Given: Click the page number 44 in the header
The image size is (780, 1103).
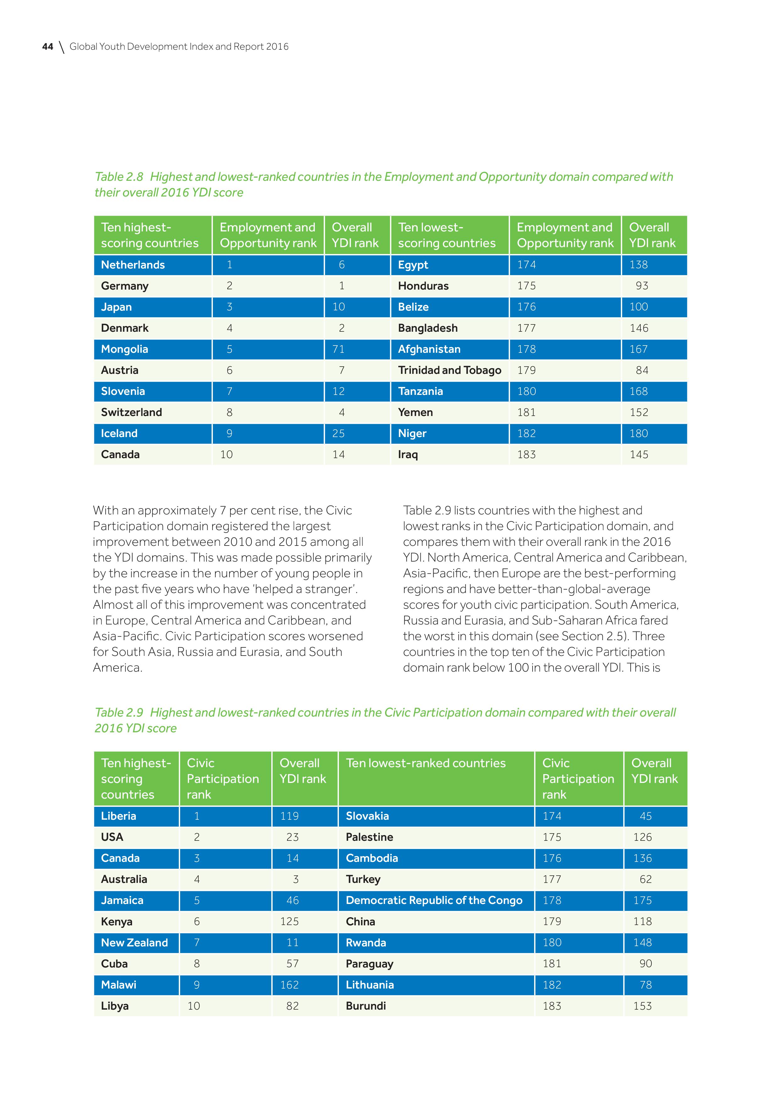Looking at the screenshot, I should (x=47, y=47).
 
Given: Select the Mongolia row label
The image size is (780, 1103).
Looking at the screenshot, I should (x=124, y=349).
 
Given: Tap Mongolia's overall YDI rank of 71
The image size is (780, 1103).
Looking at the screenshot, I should (x=338, y=349).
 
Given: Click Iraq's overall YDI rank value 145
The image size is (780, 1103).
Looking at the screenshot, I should (x=639, y=454).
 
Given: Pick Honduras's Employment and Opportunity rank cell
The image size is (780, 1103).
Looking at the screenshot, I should (x=526, y=286).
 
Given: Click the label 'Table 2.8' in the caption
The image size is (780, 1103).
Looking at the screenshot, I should (x=119, y=177).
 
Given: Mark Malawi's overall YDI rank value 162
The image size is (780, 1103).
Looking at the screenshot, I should (x=289, y=985).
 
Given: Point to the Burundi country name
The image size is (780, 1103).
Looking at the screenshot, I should (x=366, y=1006).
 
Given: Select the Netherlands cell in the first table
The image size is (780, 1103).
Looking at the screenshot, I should (x=133, y=265).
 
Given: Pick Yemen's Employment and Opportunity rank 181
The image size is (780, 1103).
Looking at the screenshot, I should (x=526, y=412).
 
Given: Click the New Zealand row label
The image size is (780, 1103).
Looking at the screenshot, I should (x=135, y=943).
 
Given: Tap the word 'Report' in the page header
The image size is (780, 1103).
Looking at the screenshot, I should (x=248, y=47).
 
